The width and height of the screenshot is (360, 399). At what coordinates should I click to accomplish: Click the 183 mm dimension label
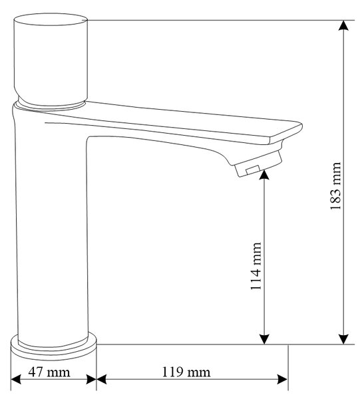point(335,186)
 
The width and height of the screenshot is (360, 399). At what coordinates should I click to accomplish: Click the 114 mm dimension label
point(256,266)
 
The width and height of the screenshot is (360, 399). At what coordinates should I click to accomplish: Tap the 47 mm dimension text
point(49,372)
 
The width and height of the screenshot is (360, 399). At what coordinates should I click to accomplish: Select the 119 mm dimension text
point(186,372)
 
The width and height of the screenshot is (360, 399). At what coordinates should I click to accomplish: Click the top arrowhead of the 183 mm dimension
point(343,25)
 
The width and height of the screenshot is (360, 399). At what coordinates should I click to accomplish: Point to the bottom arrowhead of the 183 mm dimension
point(343,339)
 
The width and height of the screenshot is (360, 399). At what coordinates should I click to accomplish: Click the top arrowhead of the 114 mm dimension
point(264,175)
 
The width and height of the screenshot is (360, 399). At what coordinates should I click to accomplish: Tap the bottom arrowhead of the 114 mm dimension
point(264,339)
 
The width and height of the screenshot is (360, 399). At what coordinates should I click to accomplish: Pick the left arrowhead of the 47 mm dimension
point(16,380)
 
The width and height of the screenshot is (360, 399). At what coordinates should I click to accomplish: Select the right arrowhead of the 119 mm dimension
point(283,380)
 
